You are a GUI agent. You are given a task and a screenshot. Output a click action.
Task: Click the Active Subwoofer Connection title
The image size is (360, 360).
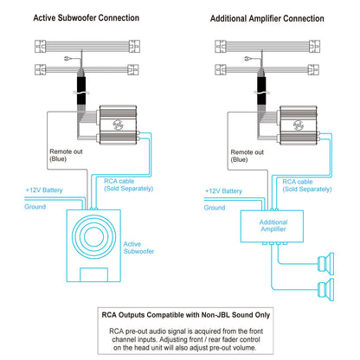pyautogui.click(x=87, y=18)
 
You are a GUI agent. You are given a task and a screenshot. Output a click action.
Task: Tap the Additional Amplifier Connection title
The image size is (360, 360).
pyautogui.click(x=267, y=18)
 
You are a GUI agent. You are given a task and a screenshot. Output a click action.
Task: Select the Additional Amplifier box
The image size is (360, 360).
pyautogui.click(x=272, y=226)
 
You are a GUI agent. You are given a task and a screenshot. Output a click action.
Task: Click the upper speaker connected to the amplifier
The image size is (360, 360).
pyautogui.click(x=326, y=263)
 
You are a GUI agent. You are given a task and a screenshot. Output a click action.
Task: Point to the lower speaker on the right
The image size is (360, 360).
pyautogui.click(x=326, y=290)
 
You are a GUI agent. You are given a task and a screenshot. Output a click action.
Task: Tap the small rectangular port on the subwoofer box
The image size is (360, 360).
pyautogui.click(x=93, y=274)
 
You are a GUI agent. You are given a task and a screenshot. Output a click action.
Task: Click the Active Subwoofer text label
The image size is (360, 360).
pyautogui.click(x=138, y=247)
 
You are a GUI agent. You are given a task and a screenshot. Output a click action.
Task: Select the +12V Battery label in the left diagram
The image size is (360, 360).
pyautogui.click(x=44, y=190)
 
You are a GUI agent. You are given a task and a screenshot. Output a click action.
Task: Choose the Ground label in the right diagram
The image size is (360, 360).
pyautogui.click(x=215, y=208)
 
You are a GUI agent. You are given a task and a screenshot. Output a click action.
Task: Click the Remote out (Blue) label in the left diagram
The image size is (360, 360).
pyautogui.click(x=66, y=155)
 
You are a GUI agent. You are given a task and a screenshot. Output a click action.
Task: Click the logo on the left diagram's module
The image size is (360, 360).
pyautogui.click(x=118, y=125)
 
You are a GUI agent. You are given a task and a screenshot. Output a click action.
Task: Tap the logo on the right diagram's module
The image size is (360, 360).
pyautogui.click(x=299, y=125)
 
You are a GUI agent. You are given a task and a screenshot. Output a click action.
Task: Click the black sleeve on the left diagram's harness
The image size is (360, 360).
pyautogui.click(x=81, y=91)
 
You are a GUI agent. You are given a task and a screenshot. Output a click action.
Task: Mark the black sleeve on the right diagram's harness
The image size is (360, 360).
pyautogui.click(x=261, y=91)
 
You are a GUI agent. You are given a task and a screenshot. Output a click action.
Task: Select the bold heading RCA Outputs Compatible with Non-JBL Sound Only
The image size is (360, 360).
pyautogui.click(x=186, y=315)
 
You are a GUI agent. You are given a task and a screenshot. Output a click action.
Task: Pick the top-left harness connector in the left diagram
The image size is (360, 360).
pyautogui.click(x=41, y=46)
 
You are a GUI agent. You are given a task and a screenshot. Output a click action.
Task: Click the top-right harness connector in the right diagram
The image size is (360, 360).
pyautogui.click(x=314, y=46)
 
